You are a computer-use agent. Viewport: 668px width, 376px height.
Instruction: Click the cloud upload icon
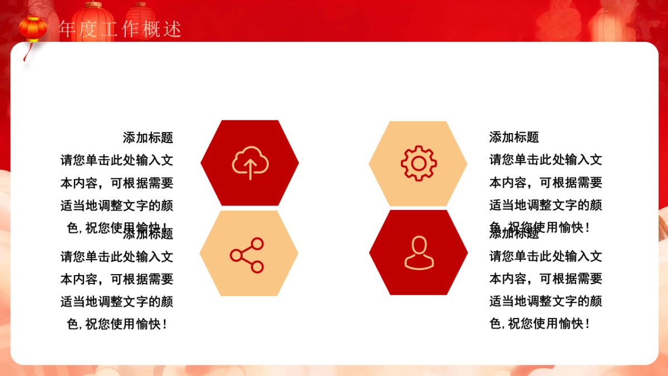[x=250, y=163]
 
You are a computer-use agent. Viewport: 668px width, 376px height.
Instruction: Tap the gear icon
[x=418, y=163]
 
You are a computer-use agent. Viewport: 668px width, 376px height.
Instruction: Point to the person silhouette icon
[x=418, y=253]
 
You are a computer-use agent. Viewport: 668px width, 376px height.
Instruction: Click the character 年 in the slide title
[x=67, y=30]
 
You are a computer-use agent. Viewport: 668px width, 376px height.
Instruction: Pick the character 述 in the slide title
[x=173, y=30]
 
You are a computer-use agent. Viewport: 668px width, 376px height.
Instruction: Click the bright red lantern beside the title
[x=33, y=28]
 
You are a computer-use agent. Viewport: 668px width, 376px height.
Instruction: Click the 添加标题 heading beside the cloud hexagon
[x=148, y=137]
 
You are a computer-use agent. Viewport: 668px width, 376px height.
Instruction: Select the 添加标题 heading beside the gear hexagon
[x=514, y=137]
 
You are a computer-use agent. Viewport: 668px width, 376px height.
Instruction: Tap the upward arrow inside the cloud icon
[x=250, y=168]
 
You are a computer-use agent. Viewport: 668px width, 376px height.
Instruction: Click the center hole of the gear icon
[x=418, y=163]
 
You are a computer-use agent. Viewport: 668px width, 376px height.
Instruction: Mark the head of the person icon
[x=418, y=246]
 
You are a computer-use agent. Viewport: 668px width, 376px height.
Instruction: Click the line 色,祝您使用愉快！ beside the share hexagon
[x=117, y=324]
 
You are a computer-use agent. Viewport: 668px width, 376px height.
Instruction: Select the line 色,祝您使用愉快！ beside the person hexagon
[x=539, y=324]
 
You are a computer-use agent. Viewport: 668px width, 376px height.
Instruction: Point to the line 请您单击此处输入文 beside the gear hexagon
[x=546, y=160]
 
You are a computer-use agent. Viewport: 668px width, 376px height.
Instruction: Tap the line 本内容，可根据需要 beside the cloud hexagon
[x=117, y=183]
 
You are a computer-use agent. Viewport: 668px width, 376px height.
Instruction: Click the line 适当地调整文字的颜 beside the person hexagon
[x=546, y=301]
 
